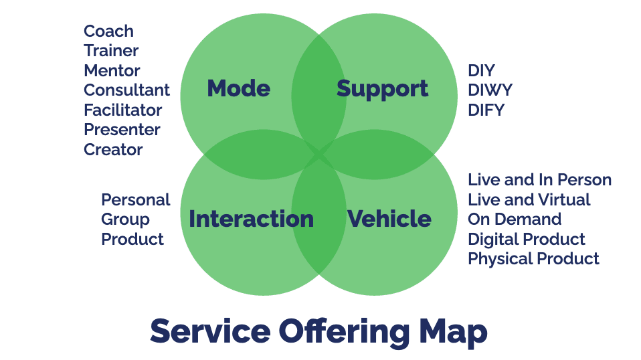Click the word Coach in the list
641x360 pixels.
(x=108, y=31)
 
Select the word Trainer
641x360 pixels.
(x=111, y=51)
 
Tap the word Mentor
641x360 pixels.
(x=112, y=71)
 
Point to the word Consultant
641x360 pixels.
(x=126, y=90)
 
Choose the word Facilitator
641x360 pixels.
(x=122, y=110)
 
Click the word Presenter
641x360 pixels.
(x=122, y=130)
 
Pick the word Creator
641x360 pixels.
(x=113, y=149)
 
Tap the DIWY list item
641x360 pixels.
(x=490, y=90)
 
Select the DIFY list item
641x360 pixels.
(x=486, y=110)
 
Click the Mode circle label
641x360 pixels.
(x=238, y=88)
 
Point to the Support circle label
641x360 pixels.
(x=382, y=88)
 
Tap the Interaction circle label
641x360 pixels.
(x=251, y=219)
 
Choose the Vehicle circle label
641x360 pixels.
(x=389, y=219)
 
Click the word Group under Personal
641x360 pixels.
(x=125, y=219)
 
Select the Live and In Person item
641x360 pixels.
(x=539, y=180)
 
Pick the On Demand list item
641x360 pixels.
(x=515, y=219)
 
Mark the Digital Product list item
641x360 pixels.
(x=527, y=239)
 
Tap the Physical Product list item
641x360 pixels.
(x=533, y=259)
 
